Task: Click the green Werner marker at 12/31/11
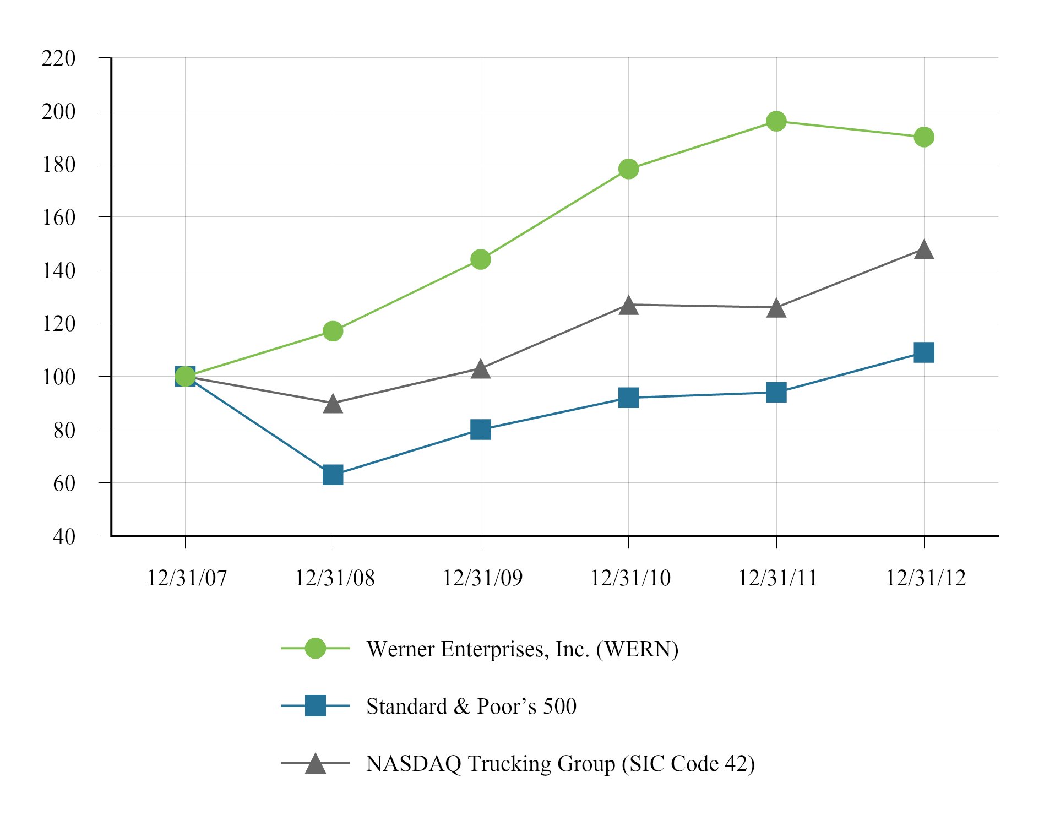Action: click(776, 121)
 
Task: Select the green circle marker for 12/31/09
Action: click(481, 259)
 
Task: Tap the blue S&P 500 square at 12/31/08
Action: click(333, 474)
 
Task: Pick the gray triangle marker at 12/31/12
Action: click(923, 250)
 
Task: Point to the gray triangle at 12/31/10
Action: click(628, 306)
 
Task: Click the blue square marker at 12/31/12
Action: click(923, 352)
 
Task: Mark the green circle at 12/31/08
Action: click(333, 331)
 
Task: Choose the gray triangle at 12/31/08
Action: click(333, 404)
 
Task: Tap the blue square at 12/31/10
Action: click(628, 397)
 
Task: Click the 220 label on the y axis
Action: click(58, 58)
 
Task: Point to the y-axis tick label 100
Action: click(58, 377)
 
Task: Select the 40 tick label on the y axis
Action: click(64, 536)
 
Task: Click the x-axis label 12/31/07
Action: click(187, 578)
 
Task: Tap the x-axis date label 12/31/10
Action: click(630, 578)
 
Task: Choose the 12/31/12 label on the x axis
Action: click(926, 578)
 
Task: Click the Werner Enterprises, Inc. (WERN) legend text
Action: click(522, 649)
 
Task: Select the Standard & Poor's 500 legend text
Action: click(471, 707)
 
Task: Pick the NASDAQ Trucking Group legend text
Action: click(560, 764)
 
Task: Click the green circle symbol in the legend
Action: click(315, 649)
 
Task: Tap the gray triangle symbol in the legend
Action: click(315, 764)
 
